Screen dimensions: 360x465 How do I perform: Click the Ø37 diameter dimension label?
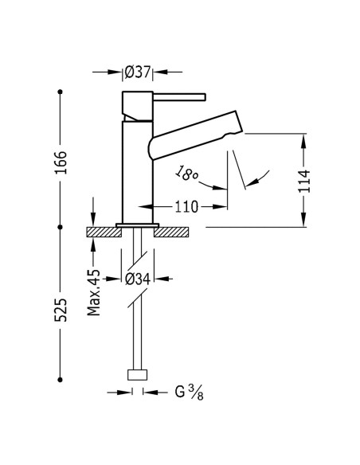[x=138, y=72]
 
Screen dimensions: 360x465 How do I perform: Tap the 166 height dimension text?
[x=61, y=162]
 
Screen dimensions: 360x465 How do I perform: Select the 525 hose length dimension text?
[x=61, y=310]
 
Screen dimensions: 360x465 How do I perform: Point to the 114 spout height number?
[x=304, y=182]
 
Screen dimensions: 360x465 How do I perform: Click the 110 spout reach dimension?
[x=186, y=207]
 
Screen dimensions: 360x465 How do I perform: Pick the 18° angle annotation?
[x=186, y=174]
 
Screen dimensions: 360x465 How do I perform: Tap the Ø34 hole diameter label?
[x=138, y=279]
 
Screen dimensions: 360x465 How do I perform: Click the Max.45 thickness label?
[x=94, y=292]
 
